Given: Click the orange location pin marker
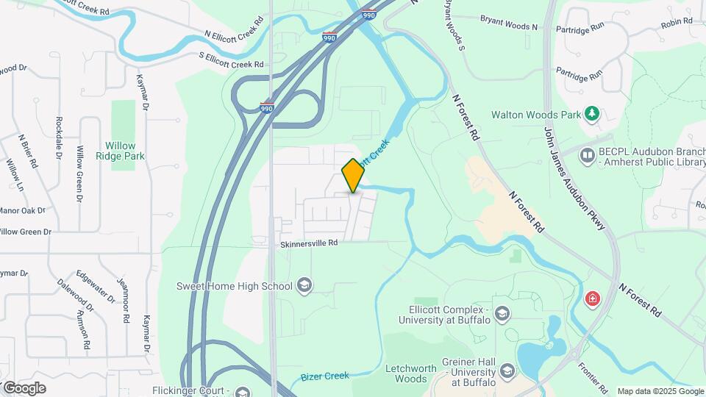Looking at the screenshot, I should pos(353,175).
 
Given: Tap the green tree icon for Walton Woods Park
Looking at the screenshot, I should pos(591,114).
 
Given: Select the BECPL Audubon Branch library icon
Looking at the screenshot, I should pos(587,155).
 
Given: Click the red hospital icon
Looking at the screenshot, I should pos(592,299).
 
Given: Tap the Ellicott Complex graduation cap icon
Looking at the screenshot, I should pos(502,314).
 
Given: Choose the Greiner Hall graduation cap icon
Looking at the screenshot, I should pos(506,371).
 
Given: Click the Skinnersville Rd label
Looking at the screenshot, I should pos(309,243).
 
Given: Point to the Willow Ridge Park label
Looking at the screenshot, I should pos(124,151).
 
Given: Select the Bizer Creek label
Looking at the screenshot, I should pos(324,376).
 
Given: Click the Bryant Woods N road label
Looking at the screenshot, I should pos(509,22).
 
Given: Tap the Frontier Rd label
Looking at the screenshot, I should pos(593,375).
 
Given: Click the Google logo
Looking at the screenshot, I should pos(24,388).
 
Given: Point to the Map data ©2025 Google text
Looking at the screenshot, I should pos(660,391).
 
